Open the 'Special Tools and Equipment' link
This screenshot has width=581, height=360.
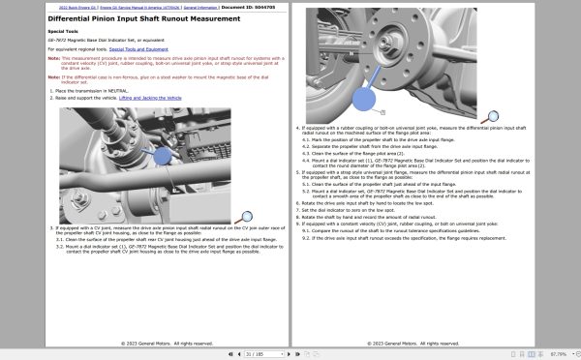click(141, 46)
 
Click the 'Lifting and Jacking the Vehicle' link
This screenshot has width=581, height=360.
click(146, 99)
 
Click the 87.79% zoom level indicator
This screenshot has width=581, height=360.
click(559, 354)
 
